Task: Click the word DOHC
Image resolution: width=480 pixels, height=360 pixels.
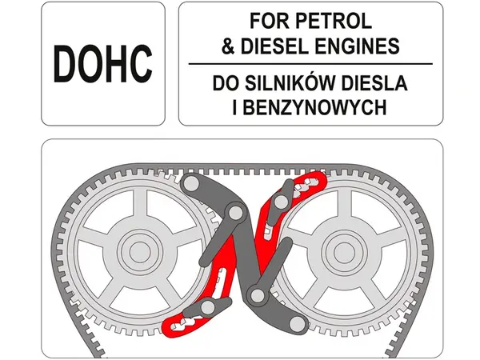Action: pos(103,63)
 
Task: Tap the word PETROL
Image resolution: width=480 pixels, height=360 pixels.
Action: pos(334,21)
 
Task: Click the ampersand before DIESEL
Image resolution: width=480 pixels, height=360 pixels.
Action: pos(228,46)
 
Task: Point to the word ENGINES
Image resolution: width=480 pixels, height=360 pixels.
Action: pos(358,46)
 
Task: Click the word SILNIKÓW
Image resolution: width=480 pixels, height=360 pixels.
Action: pos(291,82)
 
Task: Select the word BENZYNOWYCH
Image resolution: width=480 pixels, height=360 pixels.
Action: pos(314,107)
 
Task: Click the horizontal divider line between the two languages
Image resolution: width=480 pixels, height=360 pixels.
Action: pos(310,64)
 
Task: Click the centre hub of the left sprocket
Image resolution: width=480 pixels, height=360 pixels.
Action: pos(140,252)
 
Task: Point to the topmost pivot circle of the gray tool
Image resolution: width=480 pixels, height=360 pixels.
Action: pos(190,183)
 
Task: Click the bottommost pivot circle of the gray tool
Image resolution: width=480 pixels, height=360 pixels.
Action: pos(297,323)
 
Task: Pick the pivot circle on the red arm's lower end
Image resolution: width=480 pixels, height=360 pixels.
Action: pos(208,306)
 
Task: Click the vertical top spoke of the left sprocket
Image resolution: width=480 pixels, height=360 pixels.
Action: pos(140,205)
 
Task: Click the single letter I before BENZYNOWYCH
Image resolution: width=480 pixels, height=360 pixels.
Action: pos(234,107)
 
